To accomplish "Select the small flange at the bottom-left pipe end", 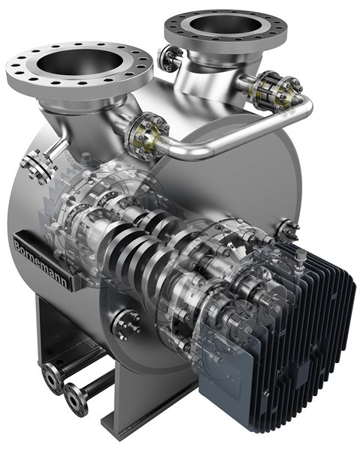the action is coord(74,399).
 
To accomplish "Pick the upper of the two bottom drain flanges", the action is coord(52,378).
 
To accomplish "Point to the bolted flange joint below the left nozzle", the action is coord(145,137).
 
